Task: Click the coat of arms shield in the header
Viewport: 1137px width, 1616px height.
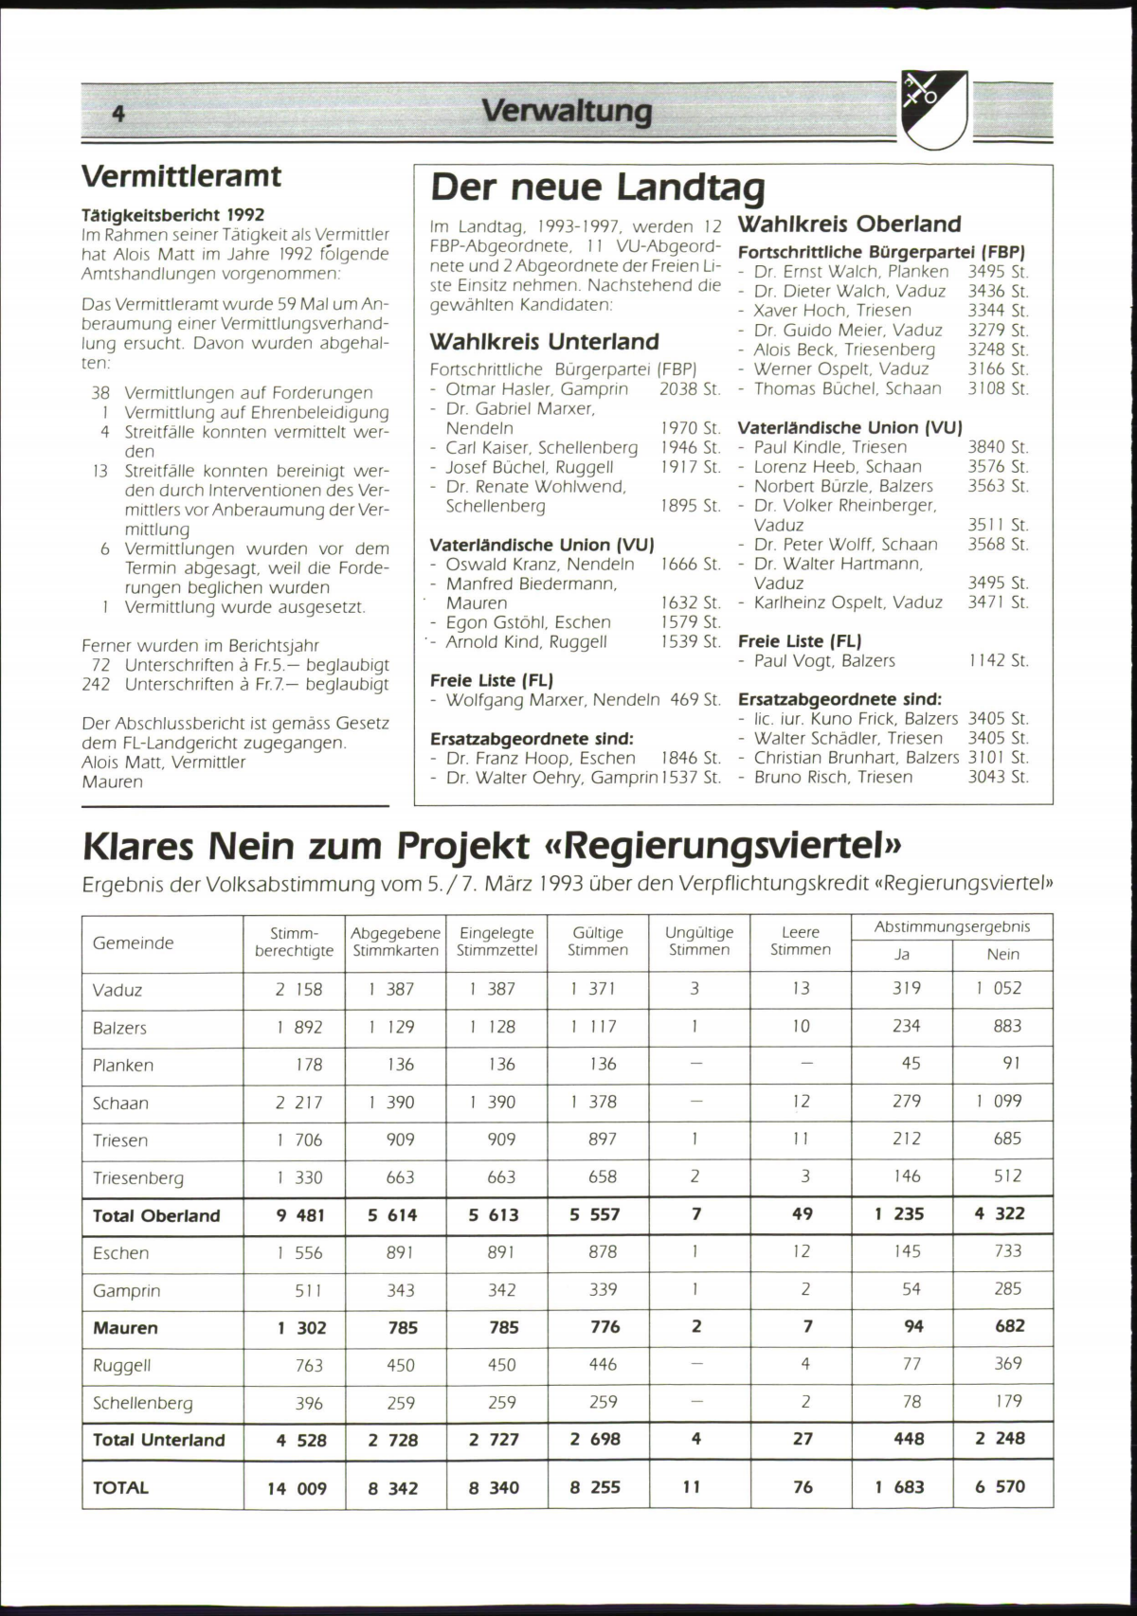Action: click(933, 109)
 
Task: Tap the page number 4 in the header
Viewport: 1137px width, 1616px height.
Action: click(118, 114)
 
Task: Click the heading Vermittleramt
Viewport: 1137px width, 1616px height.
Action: click(182, 176)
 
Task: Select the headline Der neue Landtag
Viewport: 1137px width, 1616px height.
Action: click(597, 188)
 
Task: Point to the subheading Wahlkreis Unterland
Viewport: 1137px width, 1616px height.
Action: click(544, 341)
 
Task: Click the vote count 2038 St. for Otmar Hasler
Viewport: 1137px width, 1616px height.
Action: click(690, 388)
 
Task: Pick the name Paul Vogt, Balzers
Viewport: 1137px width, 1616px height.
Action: click(823, 660)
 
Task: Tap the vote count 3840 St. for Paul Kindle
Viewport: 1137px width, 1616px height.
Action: click(997, 446)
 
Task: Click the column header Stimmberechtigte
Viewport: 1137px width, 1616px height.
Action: click(294, 942)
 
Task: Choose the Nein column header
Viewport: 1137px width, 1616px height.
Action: click(1002, 954)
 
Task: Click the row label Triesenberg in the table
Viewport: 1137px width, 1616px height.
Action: click(138, 1177)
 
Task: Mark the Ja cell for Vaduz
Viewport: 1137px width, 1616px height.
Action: click(906, 988)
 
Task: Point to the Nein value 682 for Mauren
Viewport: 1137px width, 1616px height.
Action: click(1009, 1326)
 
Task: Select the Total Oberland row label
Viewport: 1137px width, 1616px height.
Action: click(156, 1215)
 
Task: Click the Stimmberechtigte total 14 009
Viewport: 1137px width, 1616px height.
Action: click(297, 1488)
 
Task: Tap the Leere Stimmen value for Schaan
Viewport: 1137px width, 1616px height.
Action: click(801, 1101)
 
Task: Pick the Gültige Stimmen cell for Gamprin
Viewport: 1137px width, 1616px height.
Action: click(603, 1289)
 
